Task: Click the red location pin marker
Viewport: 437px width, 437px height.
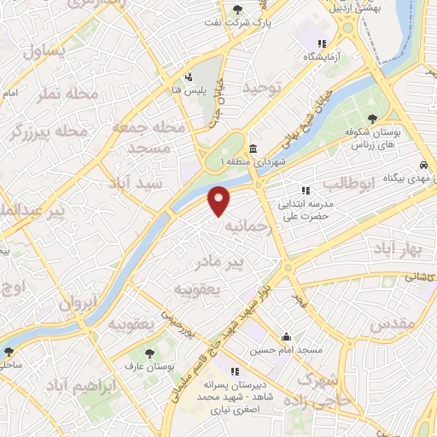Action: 219,200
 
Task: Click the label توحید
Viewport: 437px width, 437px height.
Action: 262,87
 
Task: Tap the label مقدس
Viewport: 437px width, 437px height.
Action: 393,324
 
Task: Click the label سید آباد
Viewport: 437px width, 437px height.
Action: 131,184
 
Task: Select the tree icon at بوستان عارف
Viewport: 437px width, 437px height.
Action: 152,352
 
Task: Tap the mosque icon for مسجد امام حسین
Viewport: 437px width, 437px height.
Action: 286,336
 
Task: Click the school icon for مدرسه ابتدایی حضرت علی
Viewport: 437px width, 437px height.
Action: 305,190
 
